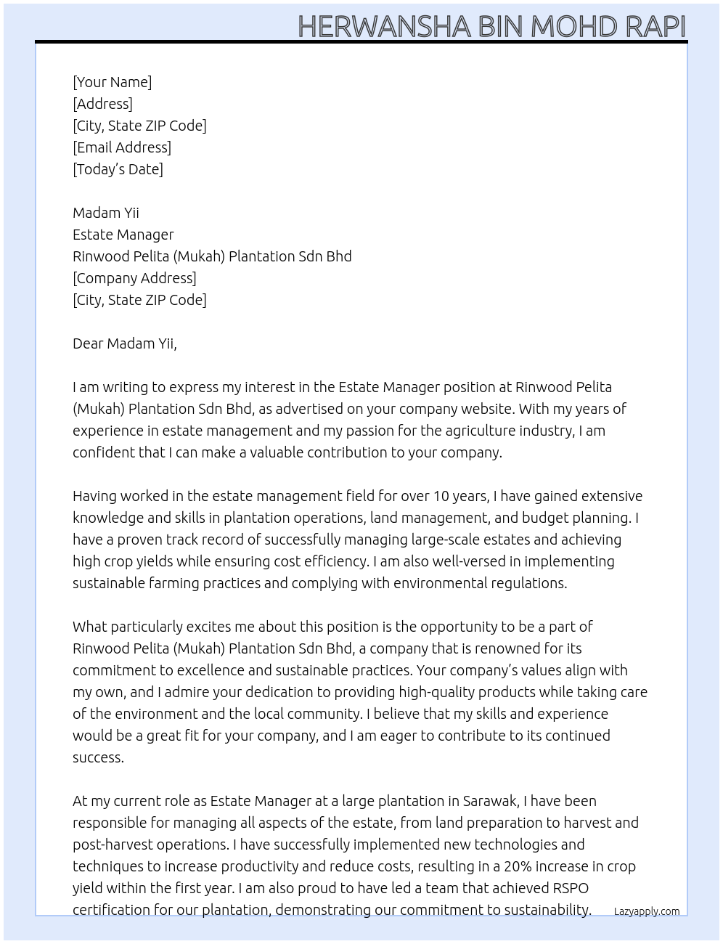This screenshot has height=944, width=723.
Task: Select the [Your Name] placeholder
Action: (112, 82)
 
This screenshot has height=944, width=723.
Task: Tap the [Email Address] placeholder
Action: (122, 147)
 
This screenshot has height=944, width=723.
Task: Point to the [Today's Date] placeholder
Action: (118, 169)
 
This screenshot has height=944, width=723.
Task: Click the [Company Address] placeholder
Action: (134, 278)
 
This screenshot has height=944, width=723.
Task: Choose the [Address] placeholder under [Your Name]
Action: (102, 104)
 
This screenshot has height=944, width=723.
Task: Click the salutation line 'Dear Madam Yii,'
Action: (124, 343)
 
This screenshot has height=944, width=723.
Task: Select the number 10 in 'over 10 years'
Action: (441, 496)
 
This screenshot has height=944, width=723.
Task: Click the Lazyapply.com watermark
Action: (646, 911)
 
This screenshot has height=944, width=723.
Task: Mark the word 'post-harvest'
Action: (113, 845)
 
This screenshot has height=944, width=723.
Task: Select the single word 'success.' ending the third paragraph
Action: (98, 757)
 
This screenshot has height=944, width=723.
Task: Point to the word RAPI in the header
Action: (655, 26)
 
